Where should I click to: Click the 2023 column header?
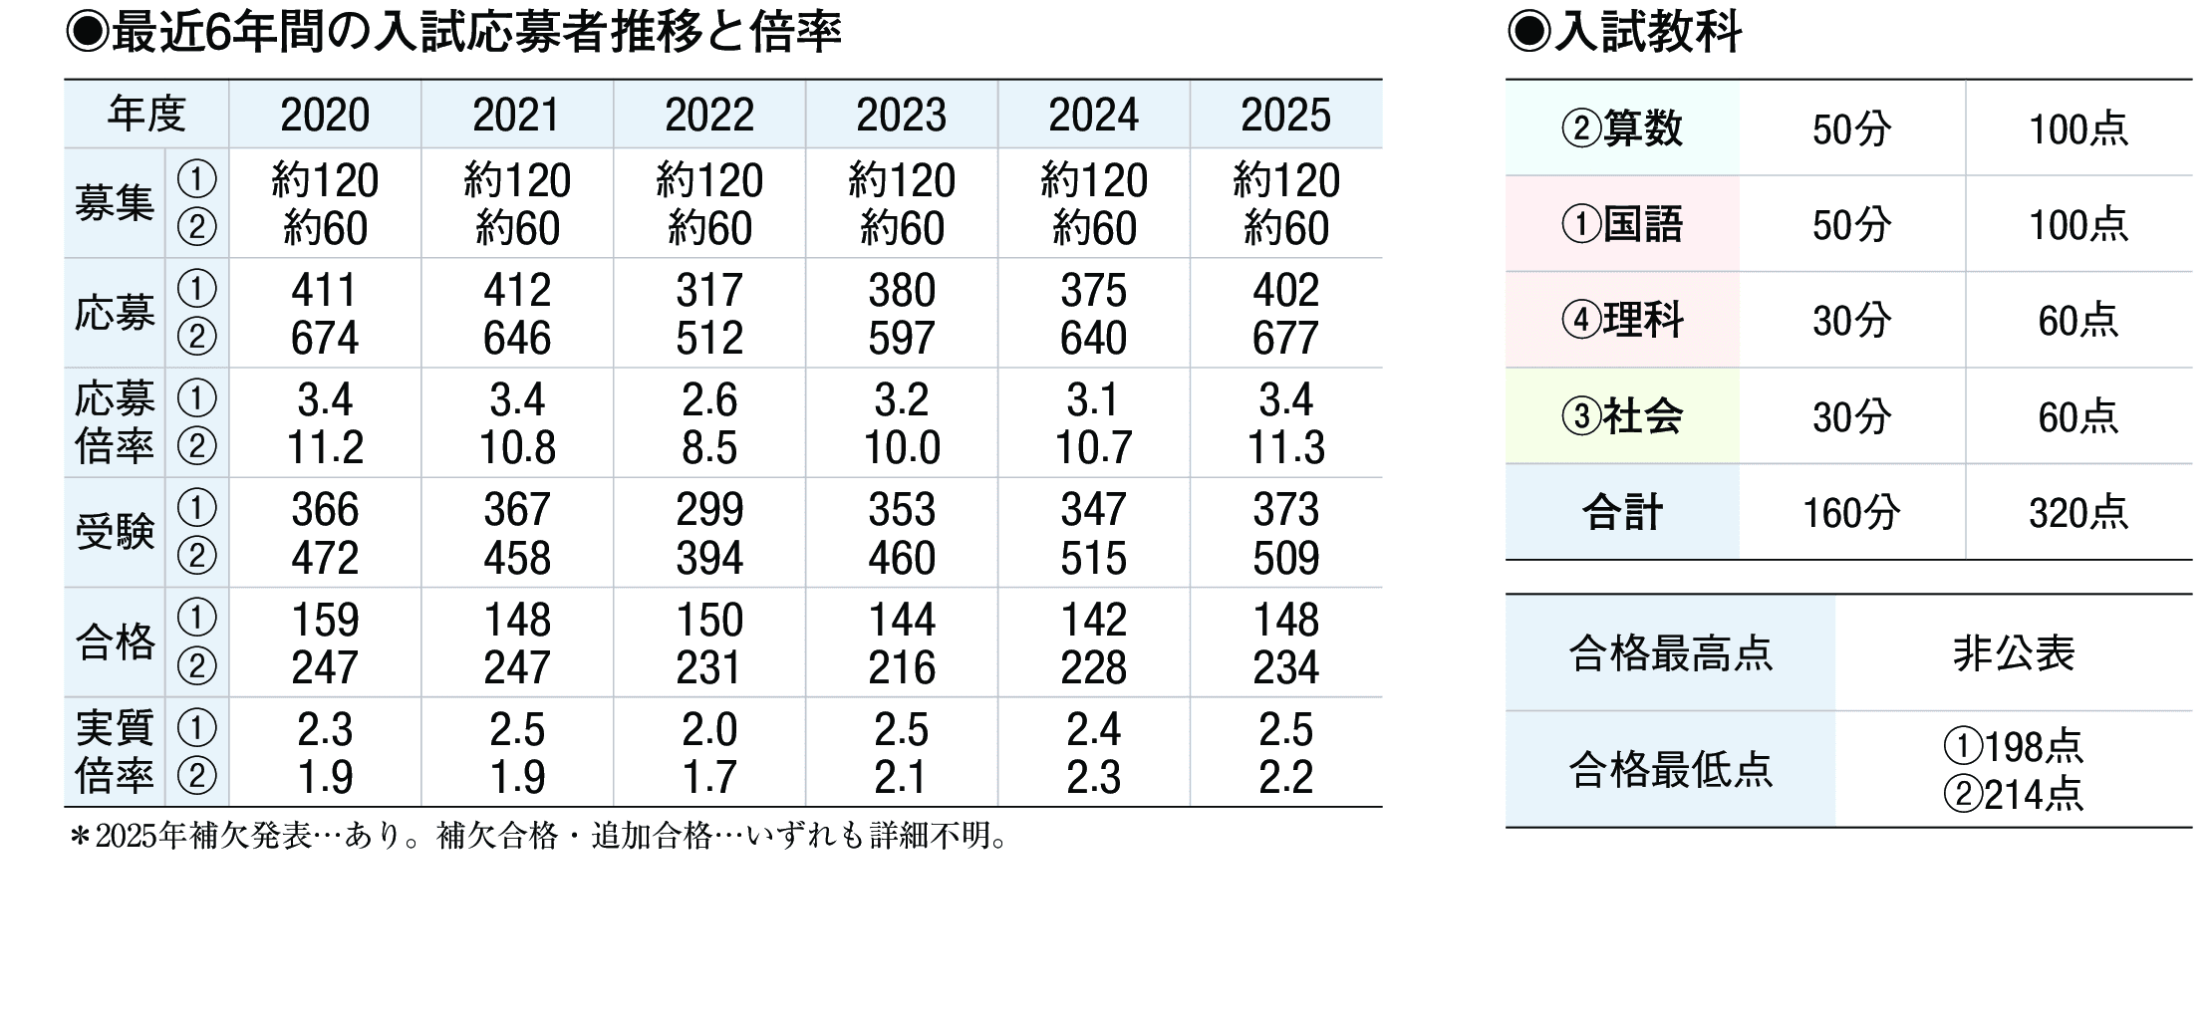click(x=901, y=116)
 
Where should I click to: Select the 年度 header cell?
click(x=146, y=115)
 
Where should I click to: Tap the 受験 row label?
click(x=115, y=533)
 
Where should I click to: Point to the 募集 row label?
click(x=115, y=204)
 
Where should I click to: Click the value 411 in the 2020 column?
click(x=325, y=291)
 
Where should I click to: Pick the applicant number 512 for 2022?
click(x=709, y=339)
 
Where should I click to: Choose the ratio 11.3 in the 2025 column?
click(x=1285, y=448)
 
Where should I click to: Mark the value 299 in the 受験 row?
click(x=709, y=510)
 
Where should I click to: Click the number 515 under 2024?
click(x=1093, y=558)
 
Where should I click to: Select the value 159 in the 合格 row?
click(x=325, y=621)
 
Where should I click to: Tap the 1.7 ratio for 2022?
click(x=709, y=777)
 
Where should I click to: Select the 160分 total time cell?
click(x=1851, y=513)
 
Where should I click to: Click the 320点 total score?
click(x=2077, y=513)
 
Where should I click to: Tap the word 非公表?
click(x=2013, y=654)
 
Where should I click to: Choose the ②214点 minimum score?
click(x=2013, y=795)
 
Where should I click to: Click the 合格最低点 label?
click(x=1670, y=770)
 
